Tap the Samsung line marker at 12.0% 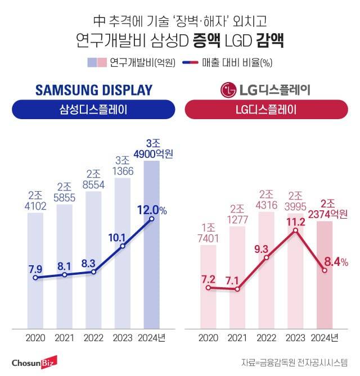coord(152,219)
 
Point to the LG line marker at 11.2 coord(296,230)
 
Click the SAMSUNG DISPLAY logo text coord(93,90)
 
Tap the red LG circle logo coord(228,90)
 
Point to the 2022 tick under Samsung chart coord(93,338)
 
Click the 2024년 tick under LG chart coord(325,338)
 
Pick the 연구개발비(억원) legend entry coord(135,62)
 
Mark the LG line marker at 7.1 coord(237,289)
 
